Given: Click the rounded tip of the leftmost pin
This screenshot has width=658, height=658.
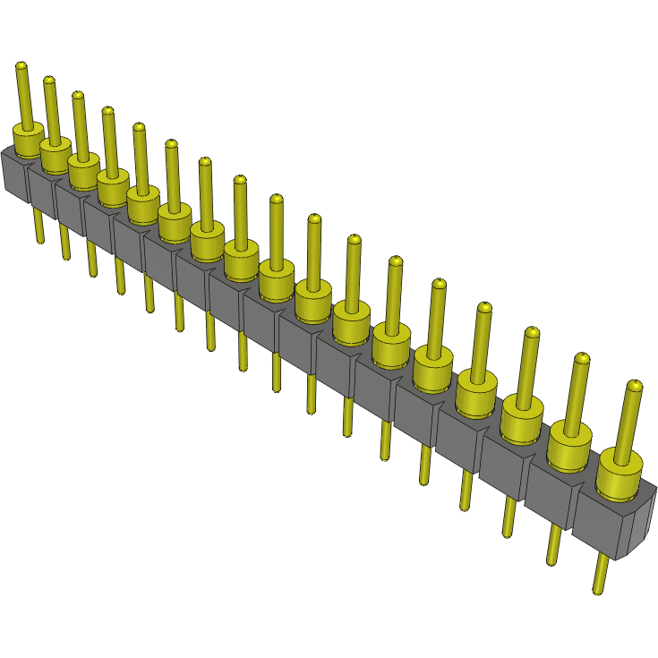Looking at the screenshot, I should coord(21,65).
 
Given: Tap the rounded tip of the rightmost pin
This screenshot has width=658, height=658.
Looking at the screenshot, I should coord(634,386).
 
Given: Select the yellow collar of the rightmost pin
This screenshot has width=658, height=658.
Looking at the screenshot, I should coord(620,474).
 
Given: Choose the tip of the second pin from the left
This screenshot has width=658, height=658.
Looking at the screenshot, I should coord(48,81).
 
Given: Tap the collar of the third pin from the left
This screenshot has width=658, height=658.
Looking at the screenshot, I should coord(83,167).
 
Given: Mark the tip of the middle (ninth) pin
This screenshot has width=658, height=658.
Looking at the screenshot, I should coord(276,199).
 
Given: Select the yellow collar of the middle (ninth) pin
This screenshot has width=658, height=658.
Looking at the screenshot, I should coord(278,277).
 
